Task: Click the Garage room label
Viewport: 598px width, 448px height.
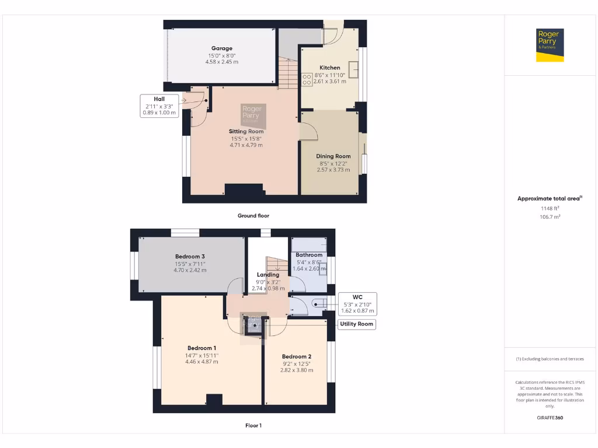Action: (222, 48)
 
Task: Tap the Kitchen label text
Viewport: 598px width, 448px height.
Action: (329, 68)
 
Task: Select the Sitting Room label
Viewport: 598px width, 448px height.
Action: (246, 131)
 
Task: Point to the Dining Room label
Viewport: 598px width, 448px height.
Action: (333, 156)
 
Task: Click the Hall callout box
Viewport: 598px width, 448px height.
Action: (159, 106)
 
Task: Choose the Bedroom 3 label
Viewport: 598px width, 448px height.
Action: (190, 256)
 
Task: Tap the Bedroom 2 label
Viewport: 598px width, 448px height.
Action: (297, 356)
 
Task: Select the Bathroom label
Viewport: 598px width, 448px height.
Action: (309, 255)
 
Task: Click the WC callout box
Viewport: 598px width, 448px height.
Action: (357, 304)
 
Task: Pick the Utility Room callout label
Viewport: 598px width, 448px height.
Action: (357, 324)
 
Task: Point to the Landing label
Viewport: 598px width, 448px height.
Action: (268, 275)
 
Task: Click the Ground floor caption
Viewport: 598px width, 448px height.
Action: (253, 216)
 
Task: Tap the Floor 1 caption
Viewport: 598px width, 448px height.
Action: (253, 426)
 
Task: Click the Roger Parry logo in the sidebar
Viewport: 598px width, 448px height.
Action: (548, 45)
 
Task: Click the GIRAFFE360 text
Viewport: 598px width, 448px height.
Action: (549, 418)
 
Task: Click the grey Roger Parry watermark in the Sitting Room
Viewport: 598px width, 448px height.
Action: (253, 116)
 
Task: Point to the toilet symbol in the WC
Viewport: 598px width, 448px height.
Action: (318, 303)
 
